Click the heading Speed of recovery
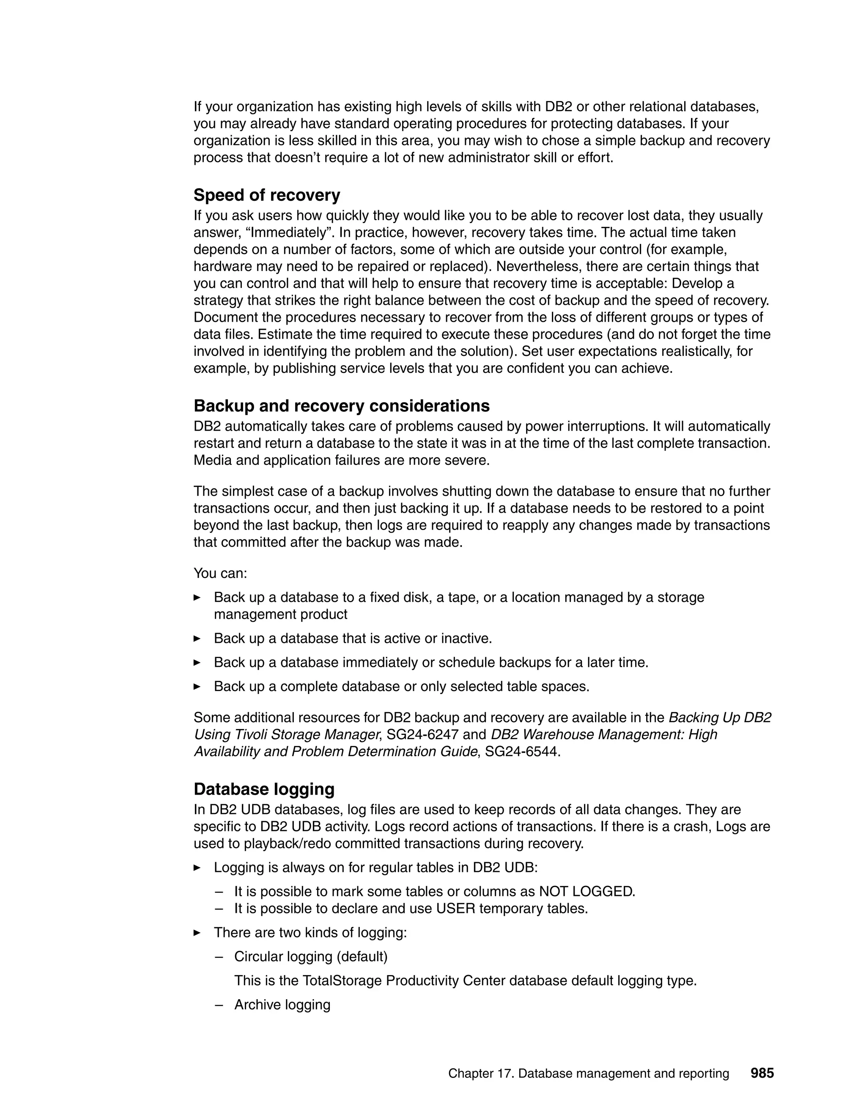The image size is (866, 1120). pos(267,195)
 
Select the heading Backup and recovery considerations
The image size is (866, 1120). pos(341,406)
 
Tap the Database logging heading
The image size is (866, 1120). pos(264,789)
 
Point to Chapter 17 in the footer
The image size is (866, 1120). pos(480,1074)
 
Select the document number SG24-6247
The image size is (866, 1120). pos(422,735)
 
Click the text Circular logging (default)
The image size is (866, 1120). pos(310,957)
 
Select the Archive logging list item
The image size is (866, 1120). pos(282,1005)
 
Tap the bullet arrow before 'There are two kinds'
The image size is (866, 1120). pos(197,933)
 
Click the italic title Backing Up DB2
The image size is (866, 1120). pos(719,718)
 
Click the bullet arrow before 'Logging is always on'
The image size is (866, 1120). pos(197,868)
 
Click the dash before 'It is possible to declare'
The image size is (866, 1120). pos(219,909)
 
